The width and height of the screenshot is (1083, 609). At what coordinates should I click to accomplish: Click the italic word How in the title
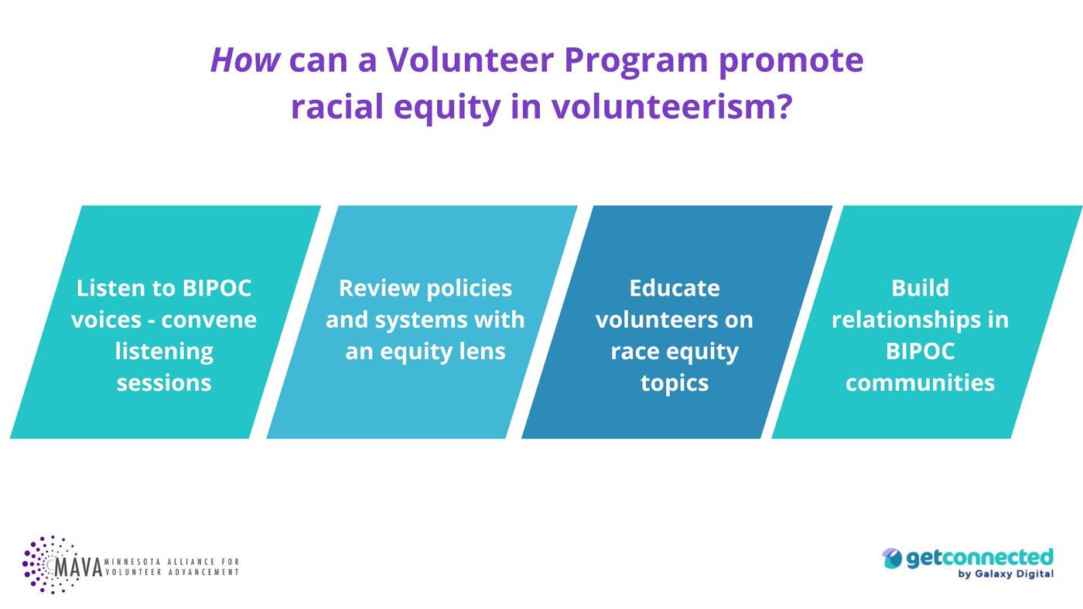(x=245, y=60)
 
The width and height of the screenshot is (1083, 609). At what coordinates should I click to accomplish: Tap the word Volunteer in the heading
(x=470, y=60)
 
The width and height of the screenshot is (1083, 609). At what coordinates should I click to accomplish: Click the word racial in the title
(x=337, y=106)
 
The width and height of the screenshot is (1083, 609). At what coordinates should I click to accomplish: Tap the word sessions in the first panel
(x=164, y=382)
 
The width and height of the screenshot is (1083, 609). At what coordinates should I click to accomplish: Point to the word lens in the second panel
(x=483, y=351)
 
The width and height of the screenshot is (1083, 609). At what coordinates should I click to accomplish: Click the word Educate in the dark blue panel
(x=675, y=288)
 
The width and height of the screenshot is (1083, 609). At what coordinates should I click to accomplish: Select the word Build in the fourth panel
(x=920, y=288)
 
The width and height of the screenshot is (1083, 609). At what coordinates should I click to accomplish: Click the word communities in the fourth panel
(x=920, y=382)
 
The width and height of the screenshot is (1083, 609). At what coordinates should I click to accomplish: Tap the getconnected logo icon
(x=892, y=559)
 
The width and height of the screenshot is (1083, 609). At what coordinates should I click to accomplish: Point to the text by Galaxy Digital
(x=1006, y=574)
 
